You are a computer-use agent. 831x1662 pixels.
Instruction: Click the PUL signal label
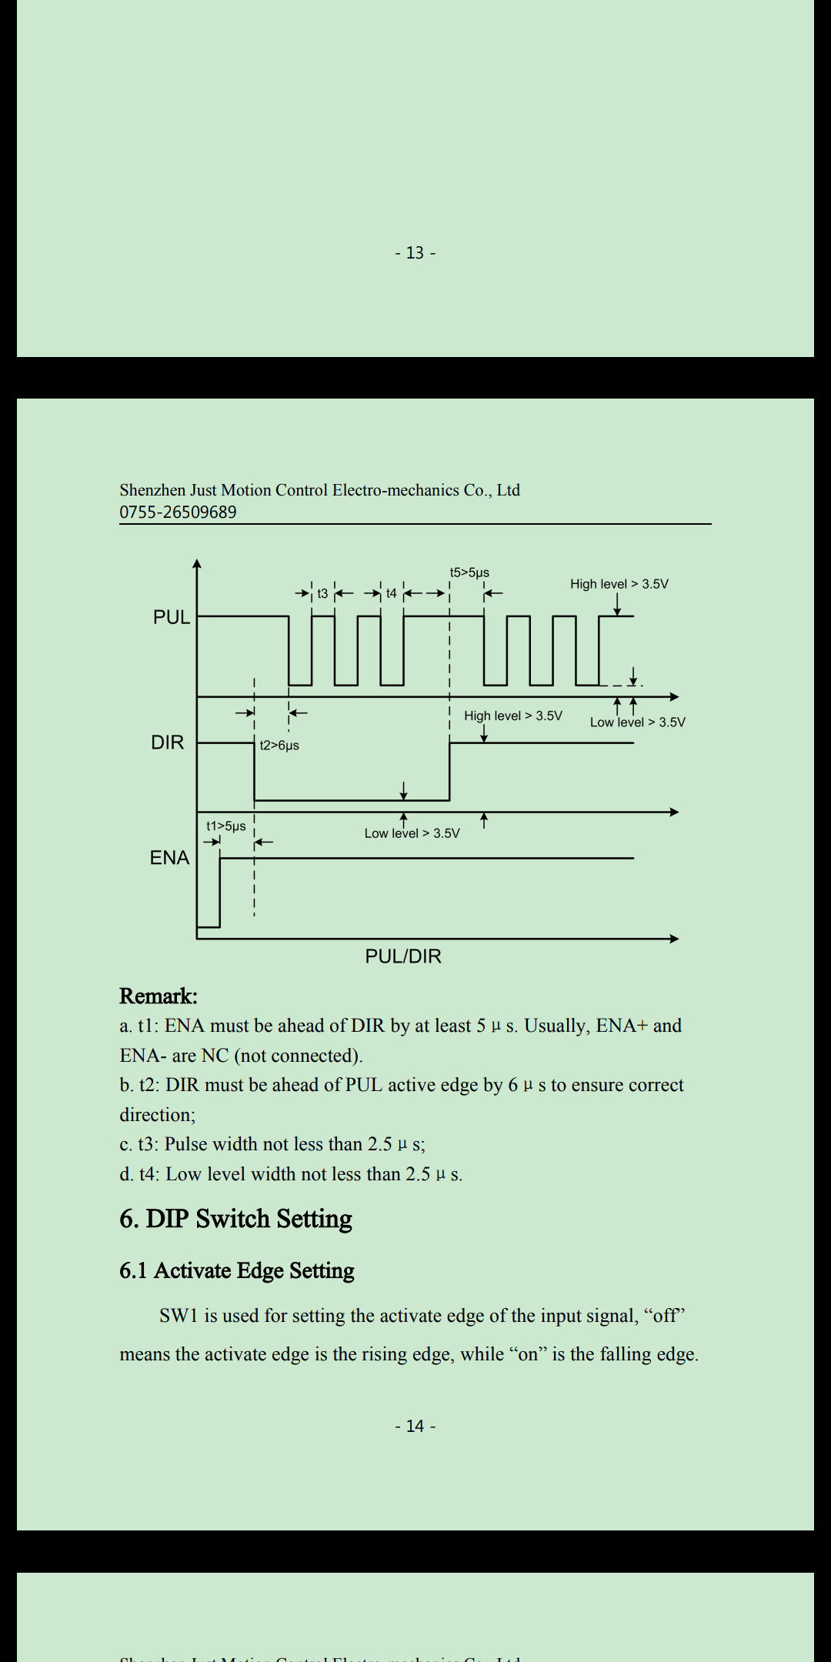pyautogui.click(x=171, y=617)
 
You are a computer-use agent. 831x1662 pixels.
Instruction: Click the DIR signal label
pyautogui.click(x=168, y=743)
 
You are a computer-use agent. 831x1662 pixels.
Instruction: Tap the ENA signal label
pyautogui.click(x=169, y=858)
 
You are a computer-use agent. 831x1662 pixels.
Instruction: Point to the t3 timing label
pyautogui.click(x=322, y=593)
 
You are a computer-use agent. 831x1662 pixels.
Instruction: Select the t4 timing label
pyautogui.click(x=392, y=593)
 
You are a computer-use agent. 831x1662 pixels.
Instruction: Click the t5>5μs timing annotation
pyautogui.click(x=469, y=572)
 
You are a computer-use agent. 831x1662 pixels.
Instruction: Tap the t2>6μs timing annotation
pyautogui.click(x=279, y=745)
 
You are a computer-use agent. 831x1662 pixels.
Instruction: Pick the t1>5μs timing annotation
pyautogui.click(x=225, y=826)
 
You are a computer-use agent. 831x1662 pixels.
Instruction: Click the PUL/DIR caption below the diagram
pyautogui.click(x=403, y=956)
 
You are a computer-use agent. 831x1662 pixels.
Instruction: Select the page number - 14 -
pyautogui.click(x=415, y=1426)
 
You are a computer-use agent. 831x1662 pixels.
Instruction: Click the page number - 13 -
pyautogui.click(x=415, y=252)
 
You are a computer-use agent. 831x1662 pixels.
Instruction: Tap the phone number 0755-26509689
pyautogui.click(x=178, y=512)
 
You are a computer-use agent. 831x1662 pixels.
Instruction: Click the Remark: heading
pyautogui.click(x=159, y=996)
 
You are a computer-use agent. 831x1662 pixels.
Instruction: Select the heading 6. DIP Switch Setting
pyautogui.click(x=235, y=1219)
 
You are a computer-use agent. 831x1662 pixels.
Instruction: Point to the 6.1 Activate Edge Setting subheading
pyautogui.click(x=236, y=1270)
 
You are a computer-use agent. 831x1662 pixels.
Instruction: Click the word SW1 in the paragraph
pyautogui.click(x=179, y=1316)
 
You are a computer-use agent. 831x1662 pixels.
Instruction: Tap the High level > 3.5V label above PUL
pyautogui.click(x=619, y=584)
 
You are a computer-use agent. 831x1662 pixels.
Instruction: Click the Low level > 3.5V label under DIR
pyautogui.click(x=412, y=833)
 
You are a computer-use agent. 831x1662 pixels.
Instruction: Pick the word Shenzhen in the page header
pyautogui.click(x=152, y=490)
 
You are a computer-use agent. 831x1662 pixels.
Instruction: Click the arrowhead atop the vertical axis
pyautogui.click(x=197, y=564)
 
